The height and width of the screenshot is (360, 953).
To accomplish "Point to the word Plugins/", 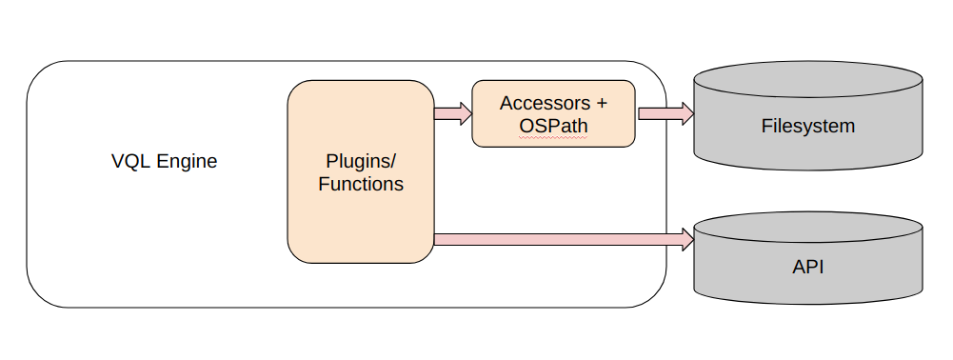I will coord(361,160).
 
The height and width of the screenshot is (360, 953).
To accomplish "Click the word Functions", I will coord(361,184).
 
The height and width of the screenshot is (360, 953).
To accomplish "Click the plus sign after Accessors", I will coord(601,103).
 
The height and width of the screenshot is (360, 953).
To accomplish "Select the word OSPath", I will coord(553,126).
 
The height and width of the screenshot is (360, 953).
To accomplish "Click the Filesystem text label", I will coord(808,126).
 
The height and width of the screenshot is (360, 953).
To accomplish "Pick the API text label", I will coord(808,267).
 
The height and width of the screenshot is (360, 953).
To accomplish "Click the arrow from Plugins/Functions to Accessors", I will coord(451,114).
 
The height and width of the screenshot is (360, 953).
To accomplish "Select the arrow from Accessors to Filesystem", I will coord(662,113).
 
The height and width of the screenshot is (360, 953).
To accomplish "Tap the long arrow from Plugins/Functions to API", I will coord(562,238).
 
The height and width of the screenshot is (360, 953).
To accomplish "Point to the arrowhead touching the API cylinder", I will coord(687,238).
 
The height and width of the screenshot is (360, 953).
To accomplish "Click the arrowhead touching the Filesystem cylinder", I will coord(687,113).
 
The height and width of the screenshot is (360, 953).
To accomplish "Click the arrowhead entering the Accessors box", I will coord(466,114).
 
